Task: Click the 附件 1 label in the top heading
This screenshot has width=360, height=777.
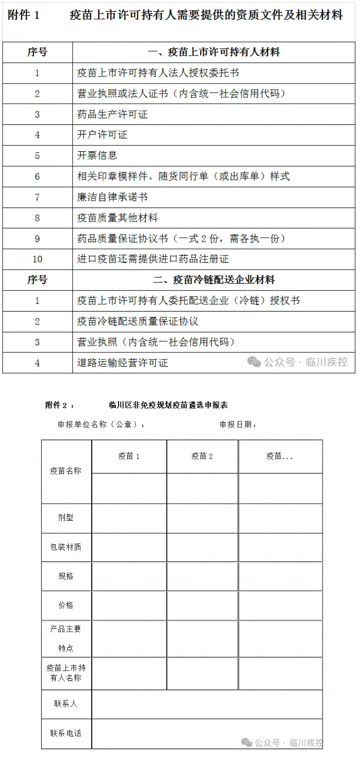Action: pos(24,16)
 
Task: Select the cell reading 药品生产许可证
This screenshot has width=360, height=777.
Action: pos(112,114)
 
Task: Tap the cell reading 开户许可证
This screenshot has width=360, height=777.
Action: pos(102,135)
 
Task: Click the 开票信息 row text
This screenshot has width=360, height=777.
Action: pos(97,156)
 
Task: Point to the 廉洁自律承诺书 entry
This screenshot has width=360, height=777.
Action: pos(112,197)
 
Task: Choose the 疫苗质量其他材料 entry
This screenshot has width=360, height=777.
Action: pos(117,218)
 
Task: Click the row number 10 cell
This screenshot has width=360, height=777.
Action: pos(38,259)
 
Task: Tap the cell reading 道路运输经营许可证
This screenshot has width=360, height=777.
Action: pos(122,363)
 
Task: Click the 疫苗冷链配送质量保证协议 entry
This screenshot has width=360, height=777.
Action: pos(138,321)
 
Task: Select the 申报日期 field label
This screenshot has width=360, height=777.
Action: pos(238,425)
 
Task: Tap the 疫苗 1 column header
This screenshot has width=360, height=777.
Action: pos(129,456)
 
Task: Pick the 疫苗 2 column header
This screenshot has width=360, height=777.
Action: pos(202,456)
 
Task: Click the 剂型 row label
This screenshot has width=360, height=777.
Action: pos(66,518)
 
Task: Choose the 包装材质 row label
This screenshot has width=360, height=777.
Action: pos(66,547)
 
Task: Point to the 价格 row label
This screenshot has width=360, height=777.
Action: pos(66,605)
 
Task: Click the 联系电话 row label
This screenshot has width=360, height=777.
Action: pos(66,733)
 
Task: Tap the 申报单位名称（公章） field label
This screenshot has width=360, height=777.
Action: pos(101,425)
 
